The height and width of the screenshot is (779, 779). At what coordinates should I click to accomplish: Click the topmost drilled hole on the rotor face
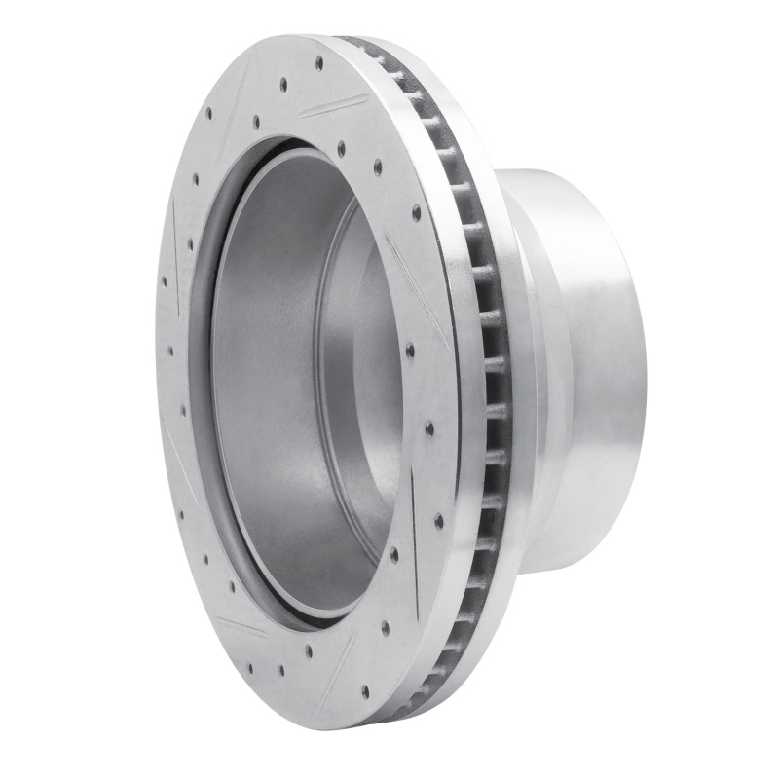point(319,62)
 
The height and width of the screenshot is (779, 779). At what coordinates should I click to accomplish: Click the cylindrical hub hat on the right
point(575,370)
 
